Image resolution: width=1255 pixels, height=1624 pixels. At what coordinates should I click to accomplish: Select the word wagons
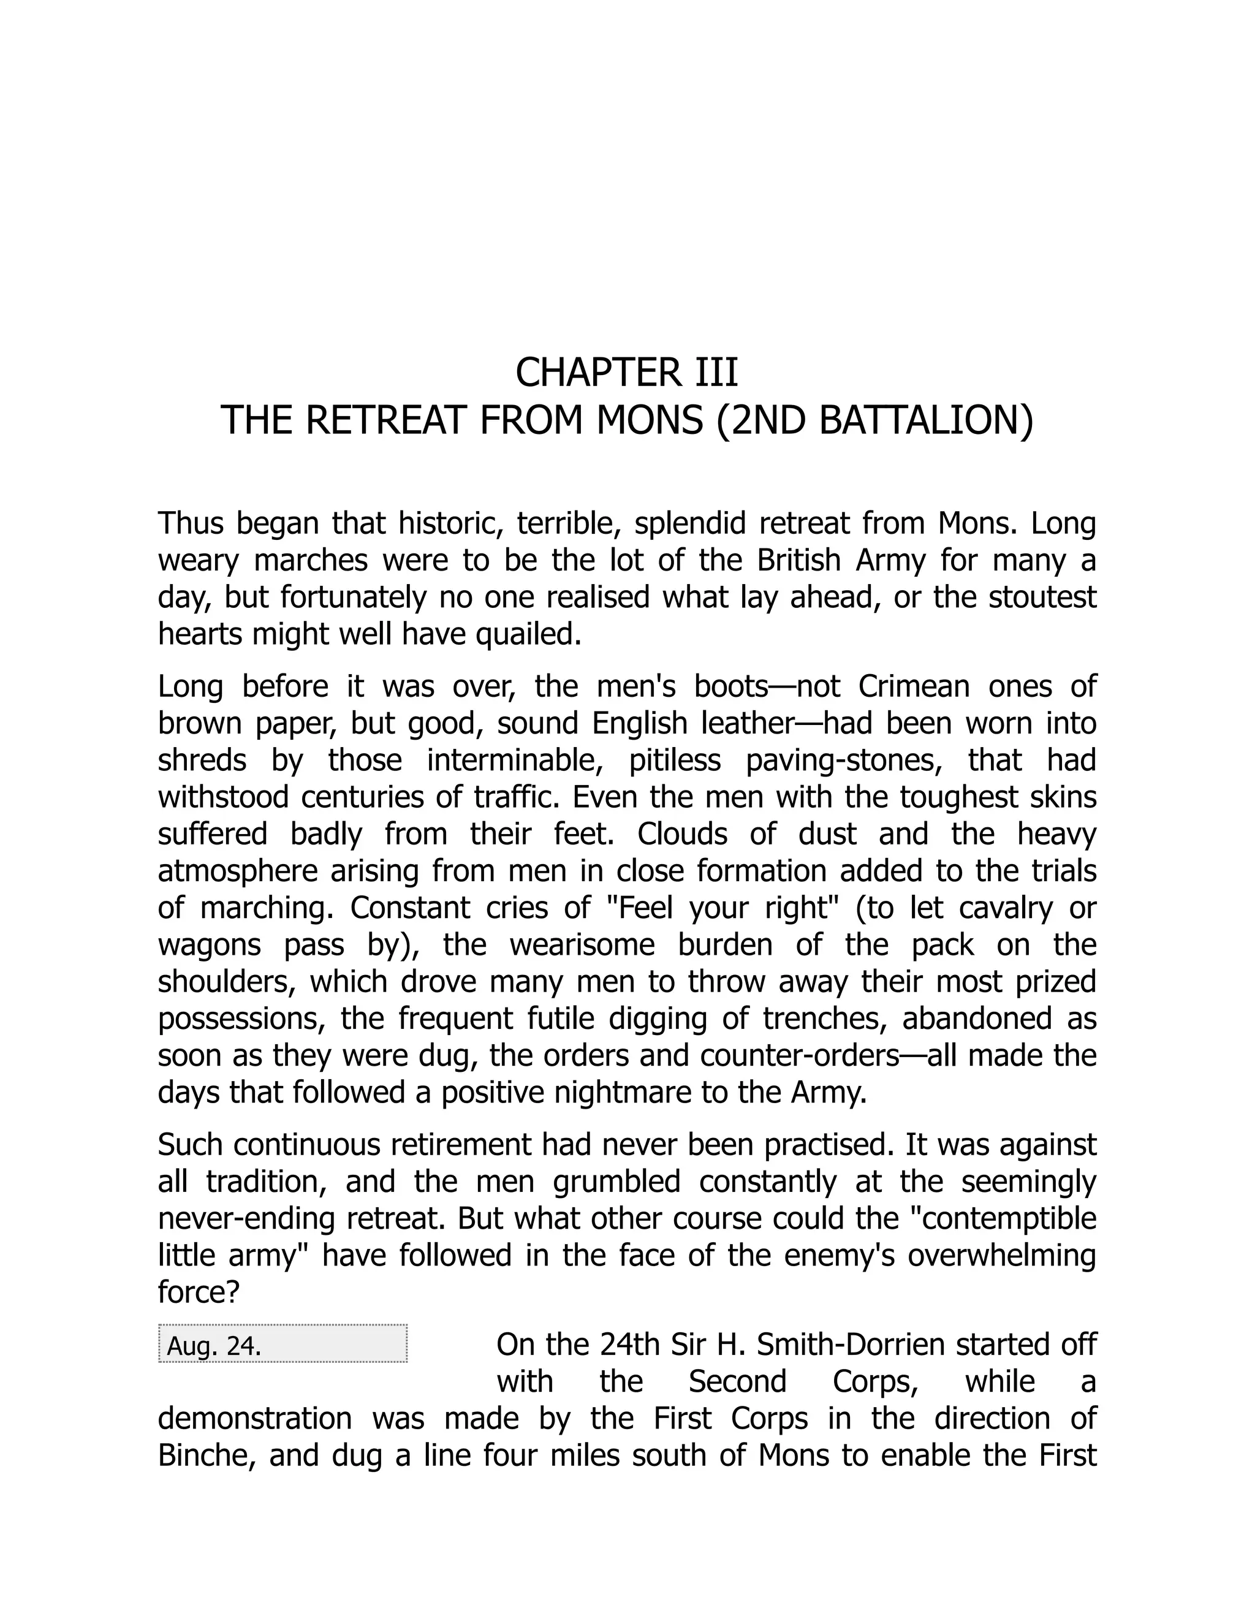click(210, 944)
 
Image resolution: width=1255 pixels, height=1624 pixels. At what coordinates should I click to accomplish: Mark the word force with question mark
click(199, 1292)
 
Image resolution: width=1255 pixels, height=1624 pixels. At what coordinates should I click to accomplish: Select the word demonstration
click(255, 1418)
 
